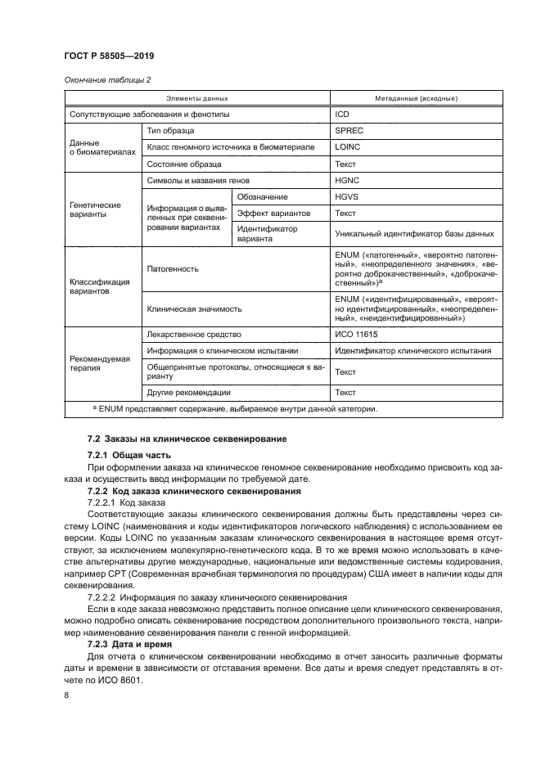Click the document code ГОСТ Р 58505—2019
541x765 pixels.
(x=110, y=56)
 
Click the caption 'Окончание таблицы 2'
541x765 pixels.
(x=106, y=79)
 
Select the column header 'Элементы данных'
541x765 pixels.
(x=192, y=97)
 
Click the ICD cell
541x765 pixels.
(x=342, y=115)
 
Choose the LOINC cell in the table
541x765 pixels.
(x=348, y=147)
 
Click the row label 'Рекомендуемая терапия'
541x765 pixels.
(x=98, y=362)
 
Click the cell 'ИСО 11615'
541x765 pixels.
(x=357, y=335)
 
